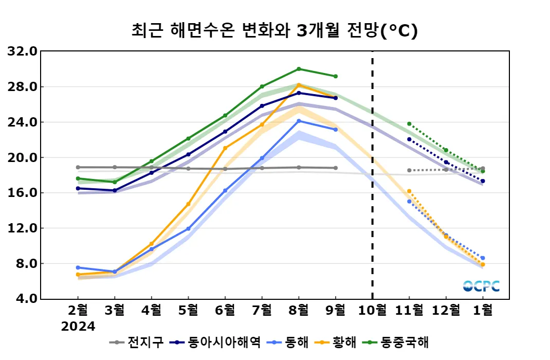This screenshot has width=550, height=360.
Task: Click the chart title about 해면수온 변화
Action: [274, 31]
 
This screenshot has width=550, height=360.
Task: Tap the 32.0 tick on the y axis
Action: [22, 51]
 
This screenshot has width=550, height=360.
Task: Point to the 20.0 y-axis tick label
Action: [22, 157]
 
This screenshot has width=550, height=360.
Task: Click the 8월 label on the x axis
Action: [299, 310]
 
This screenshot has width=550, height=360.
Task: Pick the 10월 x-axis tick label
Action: [372, 310]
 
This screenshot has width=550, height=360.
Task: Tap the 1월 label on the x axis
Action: [483, 310]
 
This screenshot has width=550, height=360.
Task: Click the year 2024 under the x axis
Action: [78, 327]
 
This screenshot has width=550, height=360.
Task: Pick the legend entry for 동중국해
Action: [397, 342]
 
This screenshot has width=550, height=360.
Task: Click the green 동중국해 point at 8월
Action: [299, 69]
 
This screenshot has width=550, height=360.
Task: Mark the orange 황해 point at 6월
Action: [225, 148]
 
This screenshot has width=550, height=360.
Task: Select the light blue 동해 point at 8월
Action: [299, 121]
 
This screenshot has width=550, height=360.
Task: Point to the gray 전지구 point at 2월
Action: [78, 167]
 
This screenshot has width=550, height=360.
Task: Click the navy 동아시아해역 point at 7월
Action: [262, 106]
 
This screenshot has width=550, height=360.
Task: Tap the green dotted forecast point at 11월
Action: [409, 124]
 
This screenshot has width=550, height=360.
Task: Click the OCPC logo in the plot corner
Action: [481, 286]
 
